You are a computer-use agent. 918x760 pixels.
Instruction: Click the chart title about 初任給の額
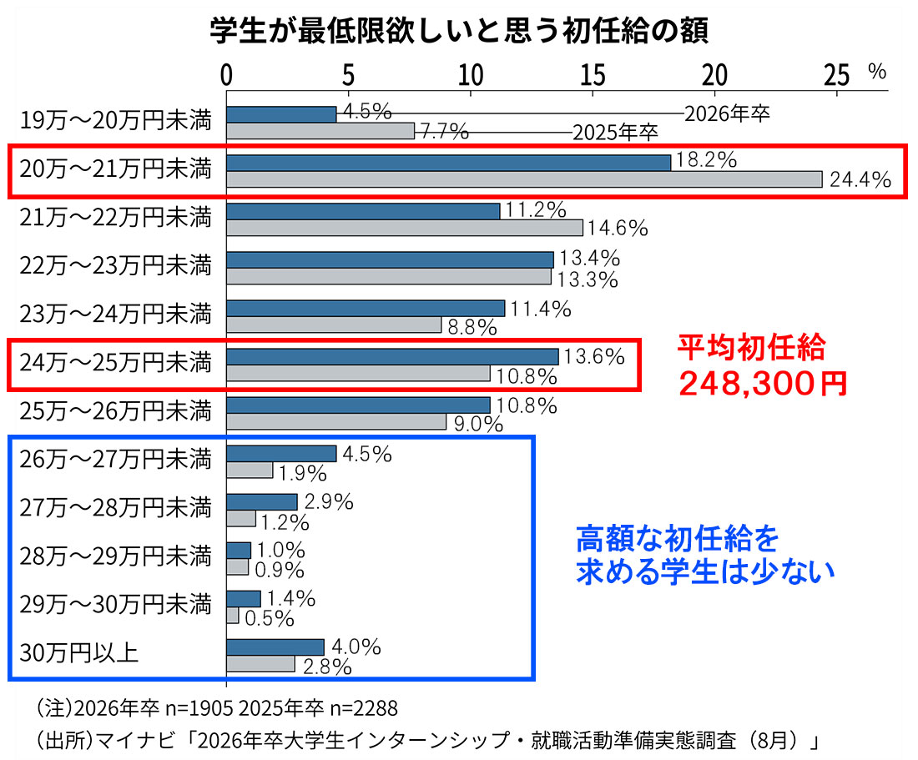[x=459, y=31]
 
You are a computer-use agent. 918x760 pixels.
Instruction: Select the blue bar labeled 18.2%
[x=448, y=162]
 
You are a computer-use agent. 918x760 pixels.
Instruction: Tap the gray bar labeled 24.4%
[x=524, y=179]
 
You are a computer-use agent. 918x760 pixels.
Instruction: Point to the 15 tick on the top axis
[x=593, y=75]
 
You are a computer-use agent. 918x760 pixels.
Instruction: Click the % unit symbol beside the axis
[x=876, y=73]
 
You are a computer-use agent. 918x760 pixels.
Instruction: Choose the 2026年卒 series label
[x=726, y=114]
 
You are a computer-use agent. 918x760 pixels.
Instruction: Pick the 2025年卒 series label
[x=615, y=133]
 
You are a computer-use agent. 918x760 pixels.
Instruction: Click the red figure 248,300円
[x=761, y=383]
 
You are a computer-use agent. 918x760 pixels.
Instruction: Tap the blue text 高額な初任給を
[x=678, y=540]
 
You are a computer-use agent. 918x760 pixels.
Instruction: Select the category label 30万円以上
[x=78, y=652]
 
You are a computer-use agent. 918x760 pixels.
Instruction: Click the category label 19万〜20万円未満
[x=116, y=122]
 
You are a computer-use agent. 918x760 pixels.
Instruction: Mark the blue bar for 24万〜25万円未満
[x=392, y=356]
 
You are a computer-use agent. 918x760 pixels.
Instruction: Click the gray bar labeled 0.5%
[x=232, y=616]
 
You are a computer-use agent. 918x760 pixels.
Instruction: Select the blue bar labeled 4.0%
[x=275, y=647]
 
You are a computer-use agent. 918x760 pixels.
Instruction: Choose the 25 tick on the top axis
[x=836, y=75]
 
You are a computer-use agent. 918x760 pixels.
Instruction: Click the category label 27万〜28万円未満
[x=116, y=506]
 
